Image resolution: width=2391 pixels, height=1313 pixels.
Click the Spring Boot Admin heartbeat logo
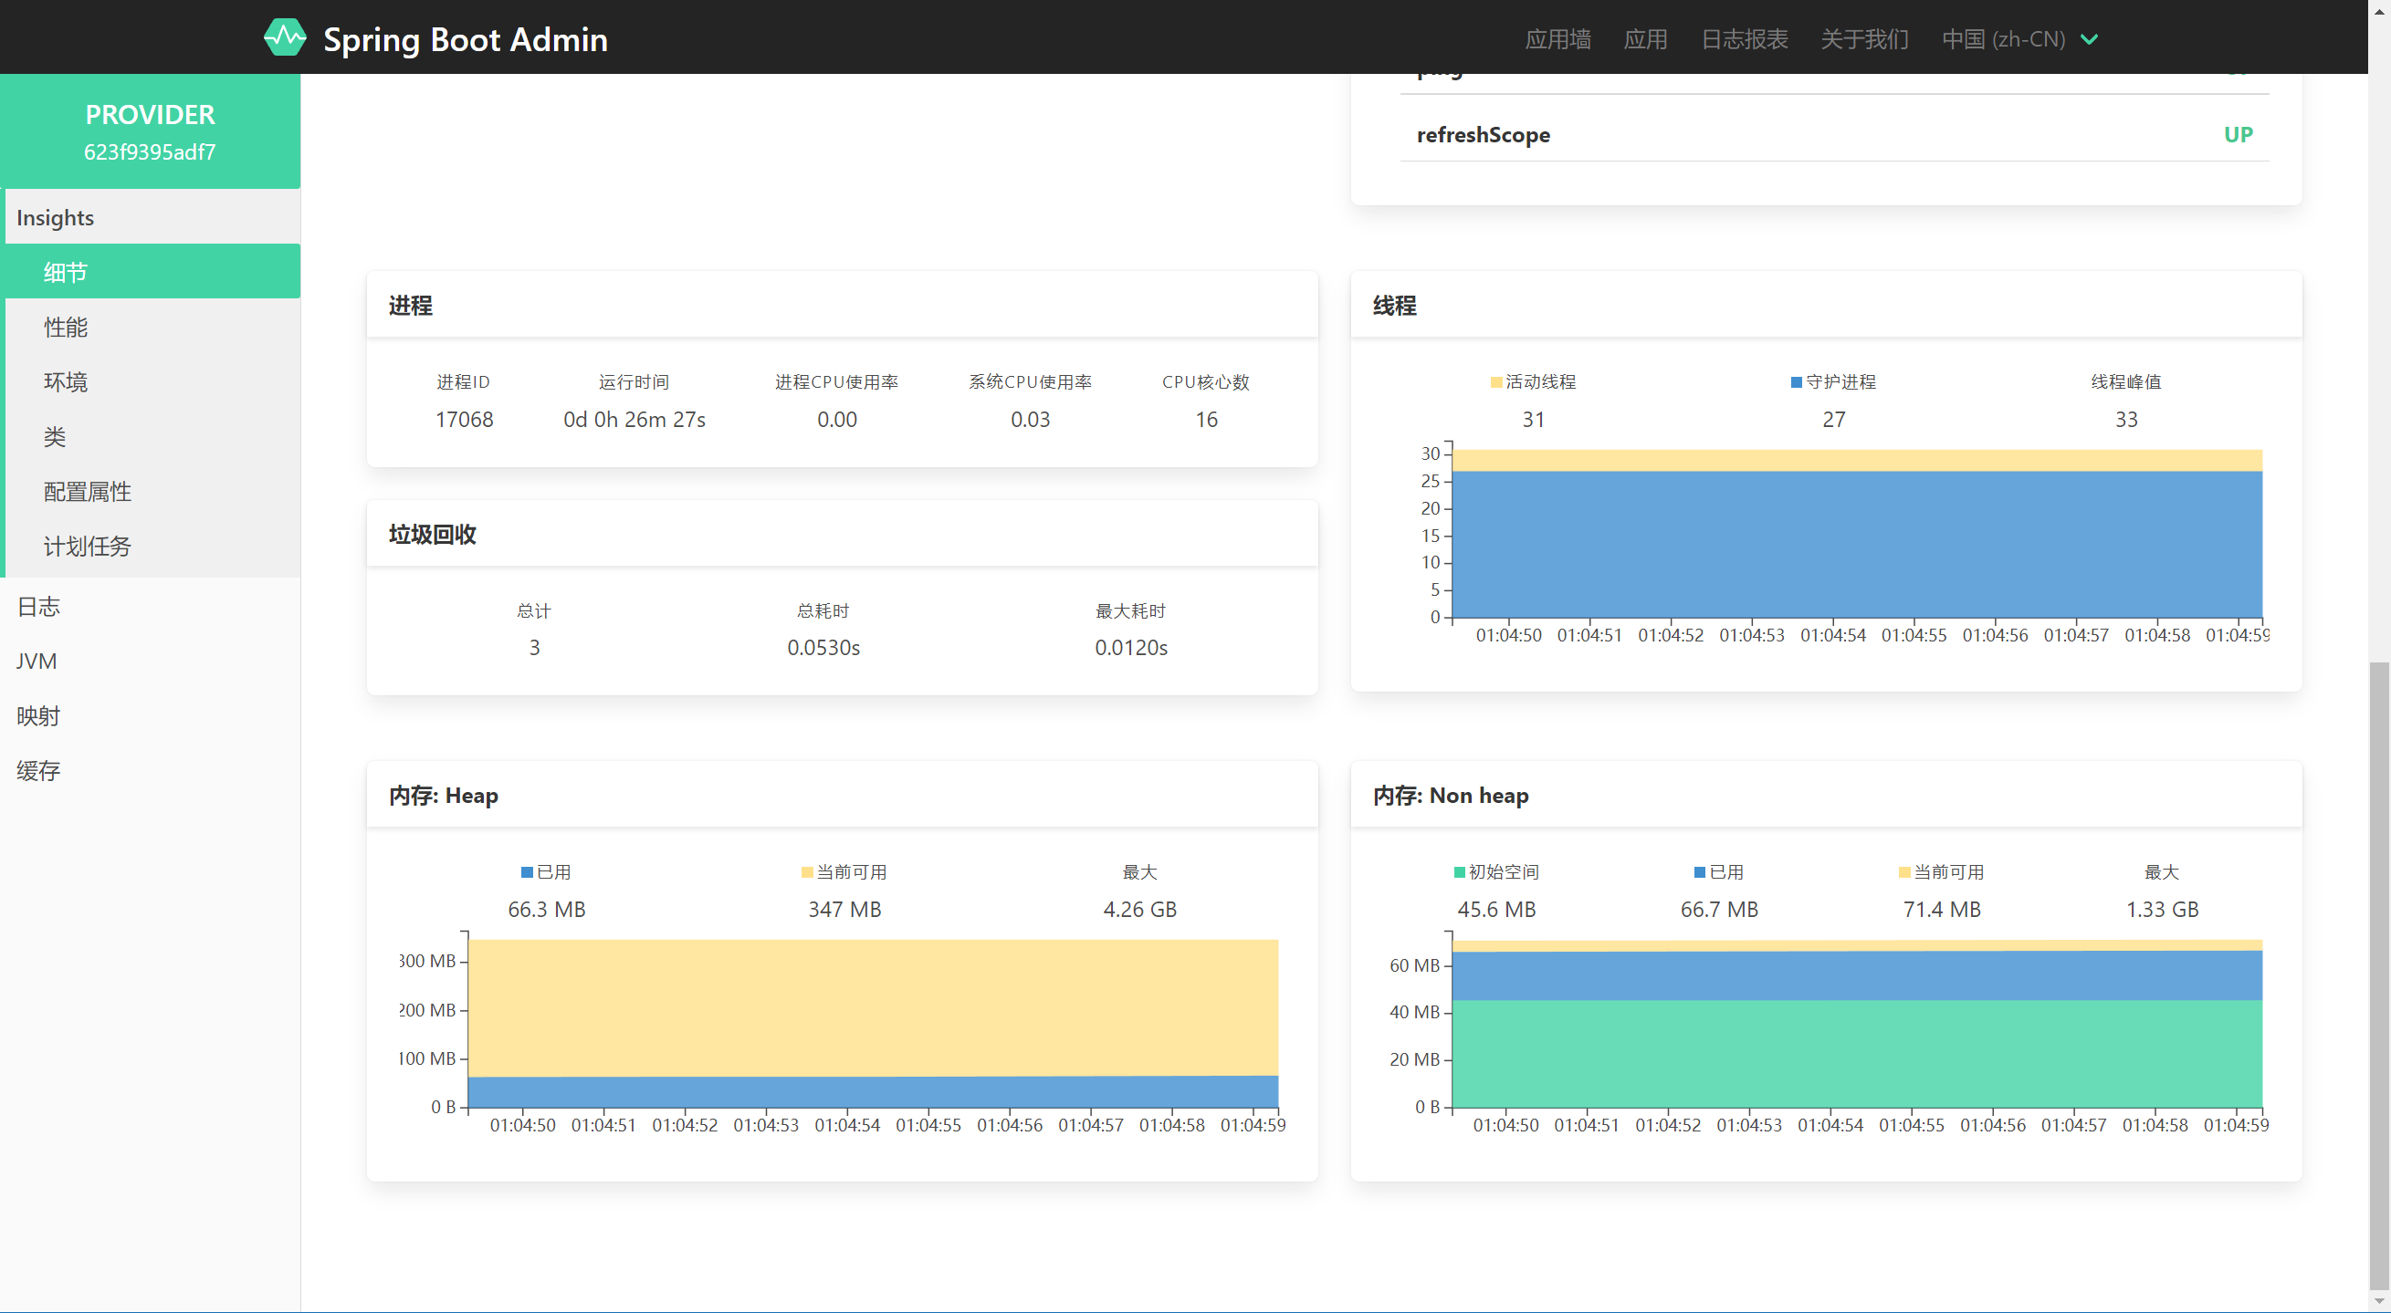284,38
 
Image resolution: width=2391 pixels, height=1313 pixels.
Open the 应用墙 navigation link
1557,39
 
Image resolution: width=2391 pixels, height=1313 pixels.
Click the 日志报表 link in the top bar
1744,39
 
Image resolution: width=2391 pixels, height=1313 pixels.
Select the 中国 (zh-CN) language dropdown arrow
2090,39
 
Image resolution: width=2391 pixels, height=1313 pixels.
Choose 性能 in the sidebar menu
66,327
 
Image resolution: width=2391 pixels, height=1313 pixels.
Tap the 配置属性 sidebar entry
88,491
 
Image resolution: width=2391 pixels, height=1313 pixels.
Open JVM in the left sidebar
37,661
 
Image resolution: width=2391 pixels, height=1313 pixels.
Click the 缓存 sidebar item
38,770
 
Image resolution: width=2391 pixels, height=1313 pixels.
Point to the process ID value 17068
464,420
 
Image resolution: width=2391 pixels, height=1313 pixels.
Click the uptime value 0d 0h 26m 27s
634,420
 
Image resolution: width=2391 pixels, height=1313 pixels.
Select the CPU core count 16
1206,420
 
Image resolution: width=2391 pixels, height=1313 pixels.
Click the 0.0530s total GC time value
823,648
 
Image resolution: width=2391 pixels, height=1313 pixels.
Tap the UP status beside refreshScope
2238,134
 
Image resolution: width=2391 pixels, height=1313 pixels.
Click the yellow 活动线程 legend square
1496,382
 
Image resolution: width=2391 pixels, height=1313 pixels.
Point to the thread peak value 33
2125,420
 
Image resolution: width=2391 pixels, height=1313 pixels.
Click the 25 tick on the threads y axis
1431,481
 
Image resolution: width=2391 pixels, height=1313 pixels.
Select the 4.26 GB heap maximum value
1138,910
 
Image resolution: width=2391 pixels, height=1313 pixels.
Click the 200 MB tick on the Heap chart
428,1009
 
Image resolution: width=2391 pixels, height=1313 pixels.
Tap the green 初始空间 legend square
1459,872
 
